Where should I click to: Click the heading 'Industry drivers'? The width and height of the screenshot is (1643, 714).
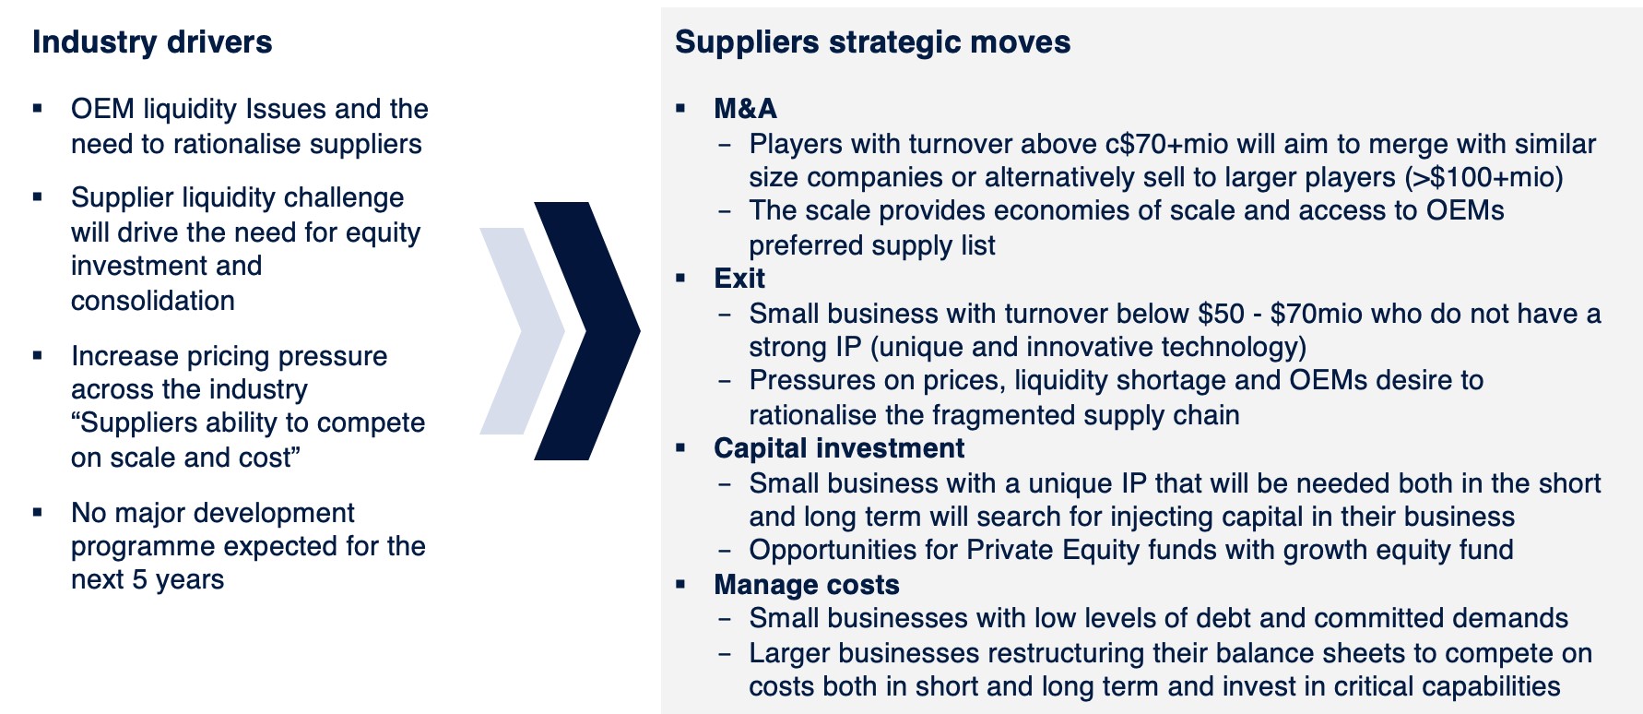click(x=152, y=42)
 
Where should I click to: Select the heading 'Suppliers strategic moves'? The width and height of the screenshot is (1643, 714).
click(x=872, y=42)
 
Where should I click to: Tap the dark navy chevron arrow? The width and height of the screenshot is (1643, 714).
click(x=587, y=330)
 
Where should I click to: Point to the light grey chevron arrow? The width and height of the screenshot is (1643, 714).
click(x=522, y=330)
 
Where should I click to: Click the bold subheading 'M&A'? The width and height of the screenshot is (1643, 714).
click(x=745, y=109)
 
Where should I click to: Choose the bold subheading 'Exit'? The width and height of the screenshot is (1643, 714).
click(x=739, y=279)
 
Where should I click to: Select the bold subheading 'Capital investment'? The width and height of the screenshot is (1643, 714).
click(x=839, y=448)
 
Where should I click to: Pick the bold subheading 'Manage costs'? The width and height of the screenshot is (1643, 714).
click(x=807, y=585)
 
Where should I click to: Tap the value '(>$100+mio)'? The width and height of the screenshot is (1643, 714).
click(x=1484, y=177)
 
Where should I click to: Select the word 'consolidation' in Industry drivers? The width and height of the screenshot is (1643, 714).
click(x=153, y=301)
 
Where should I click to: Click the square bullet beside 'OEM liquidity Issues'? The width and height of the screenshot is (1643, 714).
click(x=38, y=109)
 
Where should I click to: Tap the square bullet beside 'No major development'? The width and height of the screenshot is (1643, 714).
click(x=38, y=513)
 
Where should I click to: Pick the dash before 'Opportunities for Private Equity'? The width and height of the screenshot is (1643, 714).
click(x=726, y=551)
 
